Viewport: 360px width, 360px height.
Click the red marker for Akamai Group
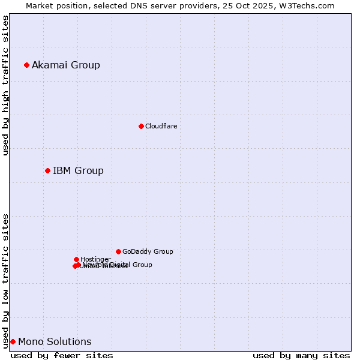(x=26, y=65)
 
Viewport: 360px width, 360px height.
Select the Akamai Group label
(x=66, y=65)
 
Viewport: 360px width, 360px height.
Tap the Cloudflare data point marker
(x=141, y=126)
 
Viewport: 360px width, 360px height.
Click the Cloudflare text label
(x=161, y=126)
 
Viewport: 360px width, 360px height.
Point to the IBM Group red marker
(x=47, y=170)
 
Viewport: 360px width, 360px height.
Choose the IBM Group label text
(x=78, y=171)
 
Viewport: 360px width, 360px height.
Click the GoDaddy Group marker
(x=118, y=251)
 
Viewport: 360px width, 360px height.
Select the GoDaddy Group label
(x=148, y=251)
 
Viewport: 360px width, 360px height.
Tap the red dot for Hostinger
(x=76, y=259)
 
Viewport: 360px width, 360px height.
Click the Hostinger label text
(x=95, y=259)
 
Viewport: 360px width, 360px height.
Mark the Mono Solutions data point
(x=13, y=341)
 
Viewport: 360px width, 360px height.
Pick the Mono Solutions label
(x=55, y=342)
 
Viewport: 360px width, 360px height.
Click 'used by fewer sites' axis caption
(x=62, y=355)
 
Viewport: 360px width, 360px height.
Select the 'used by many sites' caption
(x=301, y=355)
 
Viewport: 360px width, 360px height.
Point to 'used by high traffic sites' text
(x=5, y=85)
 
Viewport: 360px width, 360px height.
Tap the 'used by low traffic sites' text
(x=5, y=280)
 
